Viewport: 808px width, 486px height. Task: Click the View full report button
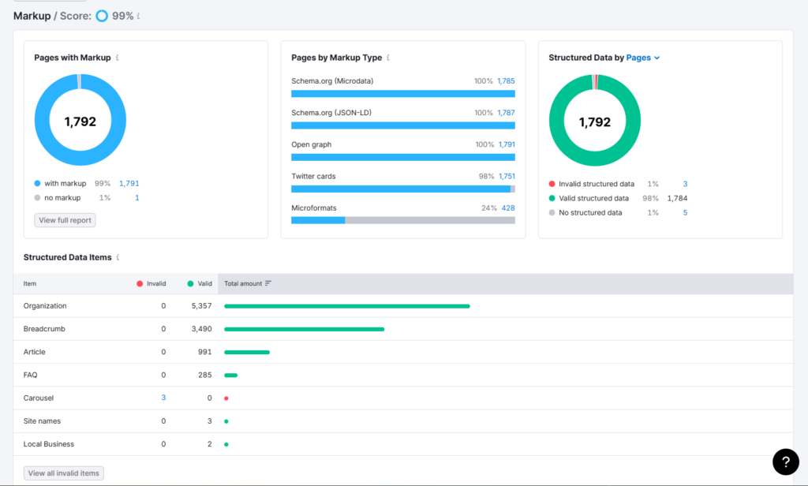pyautogui.click(x=65, y=220)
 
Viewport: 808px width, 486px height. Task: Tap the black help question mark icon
pyautogui.click(x=785, y=462)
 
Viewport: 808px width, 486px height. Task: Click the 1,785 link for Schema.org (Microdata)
pyautogui.click(x=506, y=81)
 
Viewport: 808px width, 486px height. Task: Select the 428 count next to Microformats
pyautogui.click(x=508, y=208)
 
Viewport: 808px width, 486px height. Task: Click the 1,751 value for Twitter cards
pyautogui.click(x=506, y=177)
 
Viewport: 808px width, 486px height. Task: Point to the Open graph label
pyautogui.click(x=311, y=145)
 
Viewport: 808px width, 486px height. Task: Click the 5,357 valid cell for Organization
pyautogui.click(x=201, y=306)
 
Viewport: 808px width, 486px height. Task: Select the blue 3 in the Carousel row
pyautogui.click(x=163, y=398)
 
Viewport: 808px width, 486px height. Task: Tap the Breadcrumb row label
pyautogui.click(x=44, y=329)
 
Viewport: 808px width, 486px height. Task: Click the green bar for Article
pyautogui.click(x=247, y=352)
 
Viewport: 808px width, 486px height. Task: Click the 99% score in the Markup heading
pyautogui.click(x=122, y=16)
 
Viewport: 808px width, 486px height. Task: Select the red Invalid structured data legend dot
pyautogui.click(x=552, y=184)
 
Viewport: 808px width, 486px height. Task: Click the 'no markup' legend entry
pyautogui.click(x=62, y=197)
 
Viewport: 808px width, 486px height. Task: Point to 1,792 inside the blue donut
pyautogui.click(x=80, y=121)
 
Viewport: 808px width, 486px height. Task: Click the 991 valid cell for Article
pyautogui.click(x=204, y=352)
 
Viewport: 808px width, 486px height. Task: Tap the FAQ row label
pyautogui.click(x=31, y=375)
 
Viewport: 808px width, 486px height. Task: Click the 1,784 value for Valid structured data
pyautogui.click(x=677, y=198)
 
